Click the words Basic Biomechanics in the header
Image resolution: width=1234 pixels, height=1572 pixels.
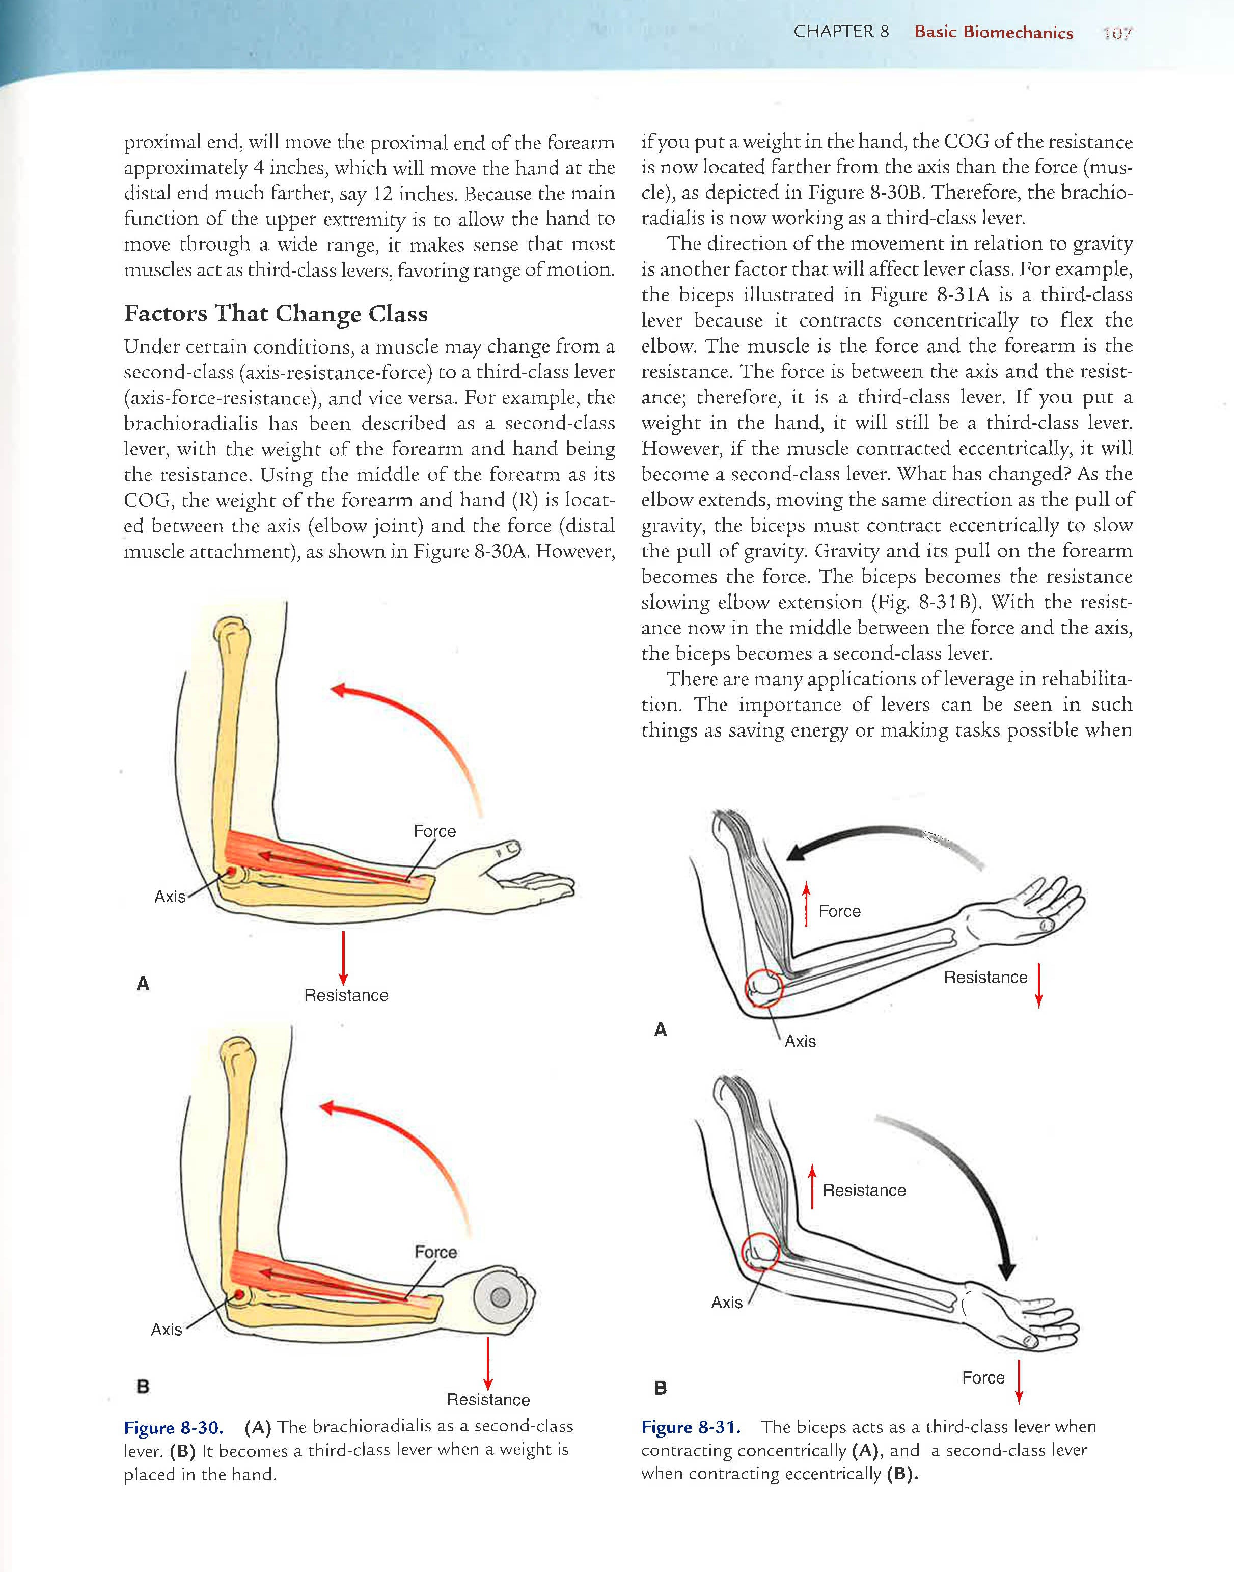click(x=994, y=33)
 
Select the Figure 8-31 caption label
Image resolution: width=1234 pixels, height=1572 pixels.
click(x=691, y=1427)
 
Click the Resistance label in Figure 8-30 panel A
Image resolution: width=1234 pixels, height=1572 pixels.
click(x=346, y=995)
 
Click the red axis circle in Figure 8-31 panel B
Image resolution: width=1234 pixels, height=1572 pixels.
click(x=761, y=1252)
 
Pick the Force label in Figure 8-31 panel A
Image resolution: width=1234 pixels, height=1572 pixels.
click(x=839, y=911)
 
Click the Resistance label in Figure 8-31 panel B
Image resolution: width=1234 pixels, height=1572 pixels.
click(x=864, y=1190)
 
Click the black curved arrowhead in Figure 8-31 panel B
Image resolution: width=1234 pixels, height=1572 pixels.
click(x=1006, y=1271)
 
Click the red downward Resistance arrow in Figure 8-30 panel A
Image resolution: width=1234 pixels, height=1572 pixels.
click(x=343, y=958)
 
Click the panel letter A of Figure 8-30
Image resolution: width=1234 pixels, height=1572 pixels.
click(x=143, y=983)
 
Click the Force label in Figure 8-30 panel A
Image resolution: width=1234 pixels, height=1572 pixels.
click(x=434, y=831)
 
